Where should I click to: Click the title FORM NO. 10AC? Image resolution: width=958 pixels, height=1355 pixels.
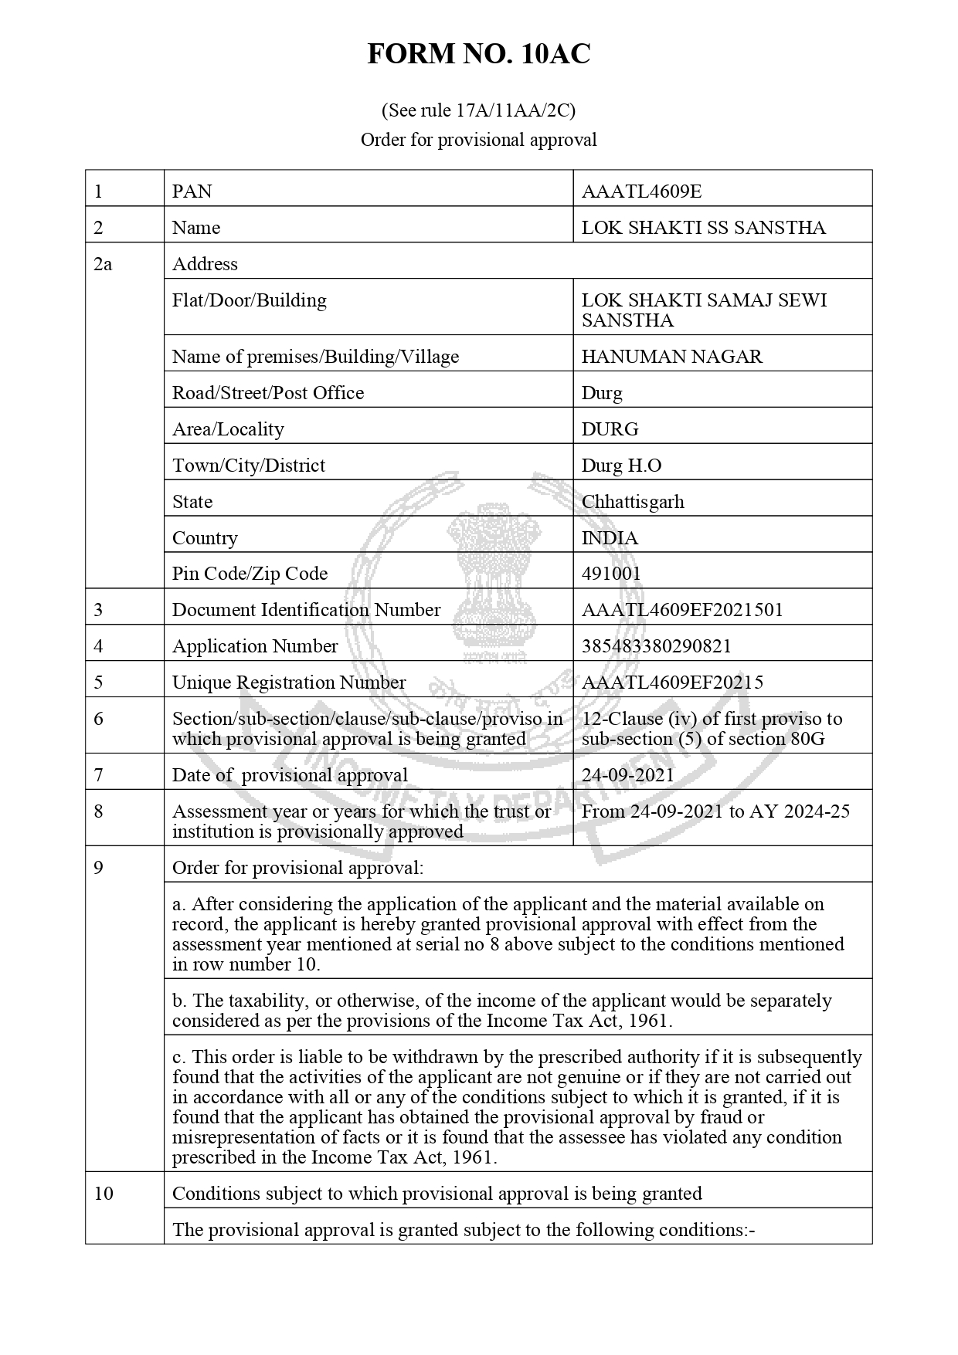click(x=478, y=54)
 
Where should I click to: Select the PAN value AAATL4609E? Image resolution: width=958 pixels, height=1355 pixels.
click(x=641, y=191)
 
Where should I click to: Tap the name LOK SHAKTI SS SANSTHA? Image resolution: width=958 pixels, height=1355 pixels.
click(x=703, y=228)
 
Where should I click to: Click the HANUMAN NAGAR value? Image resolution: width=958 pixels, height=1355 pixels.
click(x=671, y=357)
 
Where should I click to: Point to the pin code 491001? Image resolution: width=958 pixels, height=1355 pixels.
click(x=611, y=574)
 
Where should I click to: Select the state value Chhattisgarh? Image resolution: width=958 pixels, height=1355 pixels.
click(x=633, y=502)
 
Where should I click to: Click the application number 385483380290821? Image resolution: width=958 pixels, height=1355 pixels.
click(x=656, y=646)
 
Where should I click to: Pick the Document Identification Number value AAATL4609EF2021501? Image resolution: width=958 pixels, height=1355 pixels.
click(x=682, y=610)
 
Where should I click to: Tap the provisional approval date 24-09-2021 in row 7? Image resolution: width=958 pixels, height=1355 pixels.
click(x=627, y=775)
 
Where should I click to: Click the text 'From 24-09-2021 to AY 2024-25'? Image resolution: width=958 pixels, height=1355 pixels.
click(x=715, y=811)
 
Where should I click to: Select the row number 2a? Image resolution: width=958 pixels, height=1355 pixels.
click(x=103, y=264)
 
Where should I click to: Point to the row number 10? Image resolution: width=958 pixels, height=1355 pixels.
click(x=104, y=1194)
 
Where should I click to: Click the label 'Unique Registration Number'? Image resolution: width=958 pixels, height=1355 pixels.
click(x=288, y=683)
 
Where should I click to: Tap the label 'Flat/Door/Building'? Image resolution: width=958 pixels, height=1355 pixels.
click(x=249, y=300)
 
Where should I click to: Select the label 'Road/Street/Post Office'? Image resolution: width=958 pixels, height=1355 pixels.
click(x=267, y=393)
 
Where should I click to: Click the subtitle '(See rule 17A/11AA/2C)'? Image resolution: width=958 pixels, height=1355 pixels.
click(x=478, y=110)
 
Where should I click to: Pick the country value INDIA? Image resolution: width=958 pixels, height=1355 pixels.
click(x=610, y=538)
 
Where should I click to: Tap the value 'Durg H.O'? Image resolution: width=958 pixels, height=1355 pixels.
click(x=621, y=466)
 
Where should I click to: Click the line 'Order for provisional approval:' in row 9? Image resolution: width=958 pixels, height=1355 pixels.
click(x=297, y=868)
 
